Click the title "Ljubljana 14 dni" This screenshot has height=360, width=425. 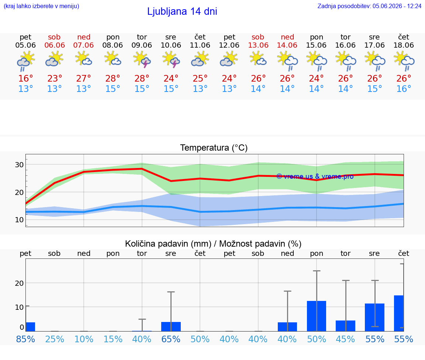click(x=182, y=11)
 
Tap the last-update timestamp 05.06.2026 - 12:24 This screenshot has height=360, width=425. click(x=397, y=6)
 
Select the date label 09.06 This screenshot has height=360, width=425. click(x=142, y=45)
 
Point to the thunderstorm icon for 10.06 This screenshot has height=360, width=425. click(x=171, y=60)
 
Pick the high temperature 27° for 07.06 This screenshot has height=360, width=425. click(x=83, y=78)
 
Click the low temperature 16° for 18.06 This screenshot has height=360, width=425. click(x=404, y=89)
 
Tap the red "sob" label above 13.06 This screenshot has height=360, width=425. click(x=258, y=37)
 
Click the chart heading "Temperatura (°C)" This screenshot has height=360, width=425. click(x=214, y=148)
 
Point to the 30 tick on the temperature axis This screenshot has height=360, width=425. click(x=19, y=165)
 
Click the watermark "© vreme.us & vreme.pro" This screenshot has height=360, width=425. click(x=315, y=176)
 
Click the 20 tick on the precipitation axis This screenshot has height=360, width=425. click(x=19, y=283)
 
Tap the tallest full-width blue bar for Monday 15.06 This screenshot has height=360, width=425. click(x=317, y=316)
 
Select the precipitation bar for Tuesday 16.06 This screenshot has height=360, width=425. click(x=346, y=326)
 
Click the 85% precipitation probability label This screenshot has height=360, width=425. click(x=26, y=339)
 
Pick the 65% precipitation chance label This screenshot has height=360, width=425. click(x=171, y=339)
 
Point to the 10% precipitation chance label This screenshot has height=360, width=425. click(x=84, y=339)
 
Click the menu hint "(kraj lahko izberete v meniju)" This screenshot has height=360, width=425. click(x=41, y=6)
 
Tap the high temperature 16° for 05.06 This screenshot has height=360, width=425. click(x=26, y=78)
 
